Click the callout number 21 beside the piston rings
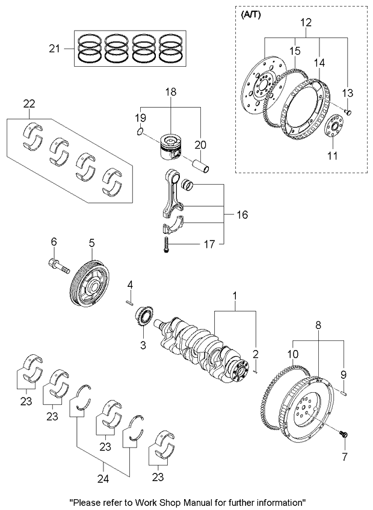54,48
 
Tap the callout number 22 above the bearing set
29,103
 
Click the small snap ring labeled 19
139,132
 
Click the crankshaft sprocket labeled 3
144,316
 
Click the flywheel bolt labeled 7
345,434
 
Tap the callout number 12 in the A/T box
306,22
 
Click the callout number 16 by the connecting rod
240,214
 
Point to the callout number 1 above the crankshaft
236,296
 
